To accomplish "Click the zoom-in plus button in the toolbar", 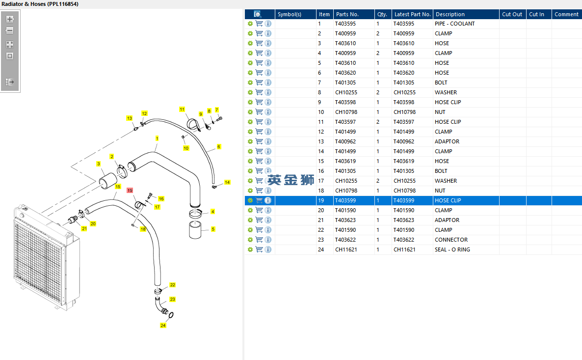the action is pyautogui.click(x=10, y=19).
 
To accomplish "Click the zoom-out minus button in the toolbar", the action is pyautogui.click(x=10, y=30).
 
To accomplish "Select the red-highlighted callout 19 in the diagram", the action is pyautogui.click(x=130, y=190).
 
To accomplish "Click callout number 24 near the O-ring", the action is pyautogui.click(x=163, y=326).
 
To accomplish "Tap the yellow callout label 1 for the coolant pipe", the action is pyautogui.click(x=157, y=138).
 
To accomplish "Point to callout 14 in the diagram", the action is pyautogui.click(x=227, y=182).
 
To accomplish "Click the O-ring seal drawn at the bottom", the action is pyautogui.click(x=171, y=315).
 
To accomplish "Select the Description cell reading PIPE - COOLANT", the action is pyautogui.click(x=455, y=24).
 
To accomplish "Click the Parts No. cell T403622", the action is pyautogui.click(x=345, y=240).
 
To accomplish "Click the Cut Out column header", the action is pyautogui.click(x=512, y=14).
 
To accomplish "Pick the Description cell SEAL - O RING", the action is pyautogui.click(x=452, y=249).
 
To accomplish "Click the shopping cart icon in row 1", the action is pyautogui.click(x=259, y=24).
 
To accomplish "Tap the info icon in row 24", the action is pyautogui.click(x=268, y=249).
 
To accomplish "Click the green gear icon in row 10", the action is pyautogui.click(x=250, y=112).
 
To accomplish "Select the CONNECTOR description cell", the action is pyautogui.click(x=451, y=240).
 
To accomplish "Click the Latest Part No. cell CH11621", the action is pyautogui.click(x=404, y=249).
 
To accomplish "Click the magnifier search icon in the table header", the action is pyautogui.click(x=258, y=14).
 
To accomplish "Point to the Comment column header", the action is pyautogui.click(x=566, y=14).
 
